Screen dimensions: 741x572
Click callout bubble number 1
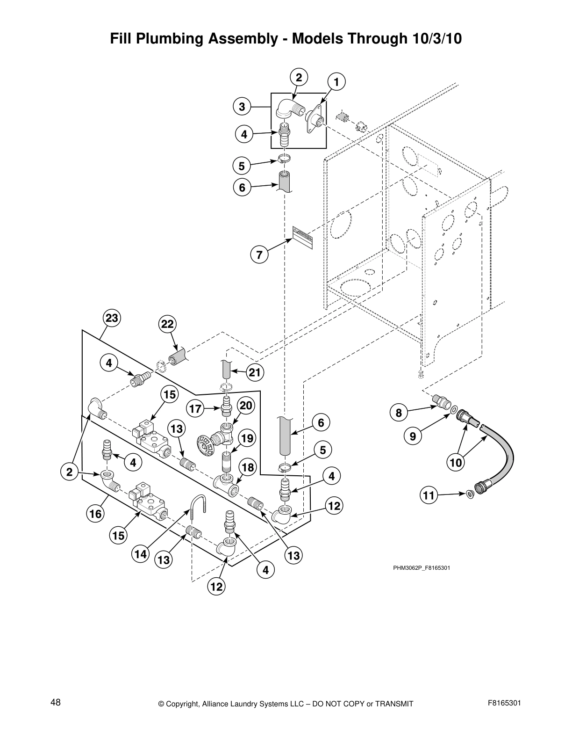pos(336,82)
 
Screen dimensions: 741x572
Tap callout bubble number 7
pos(259,255)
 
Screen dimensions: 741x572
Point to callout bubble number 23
pos(112,319)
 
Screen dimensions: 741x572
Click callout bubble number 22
pos(167,324)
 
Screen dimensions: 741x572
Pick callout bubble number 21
pos(255,372)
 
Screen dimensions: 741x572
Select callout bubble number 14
pos(140,555)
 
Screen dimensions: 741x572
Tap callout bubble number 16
pos(95,514)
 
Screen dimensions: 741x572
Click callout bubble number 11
pos(429,495)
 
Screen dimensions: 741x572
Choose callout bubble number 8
pos(399,413)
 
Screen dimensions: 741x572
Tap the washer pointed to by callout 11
pos(469,493)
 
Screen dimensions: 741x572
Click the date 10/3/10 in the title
pos(437,39)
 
